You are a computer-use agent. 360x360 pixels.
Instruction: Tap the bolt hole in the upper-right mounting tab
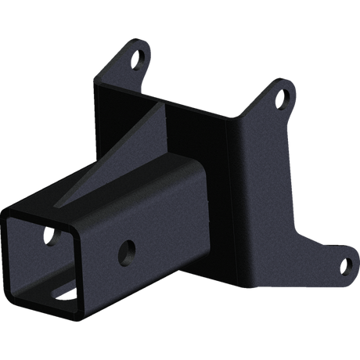tap(284, 99)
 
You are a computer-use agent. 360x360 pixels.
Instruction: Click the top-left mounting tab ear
tap(135, 55)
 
